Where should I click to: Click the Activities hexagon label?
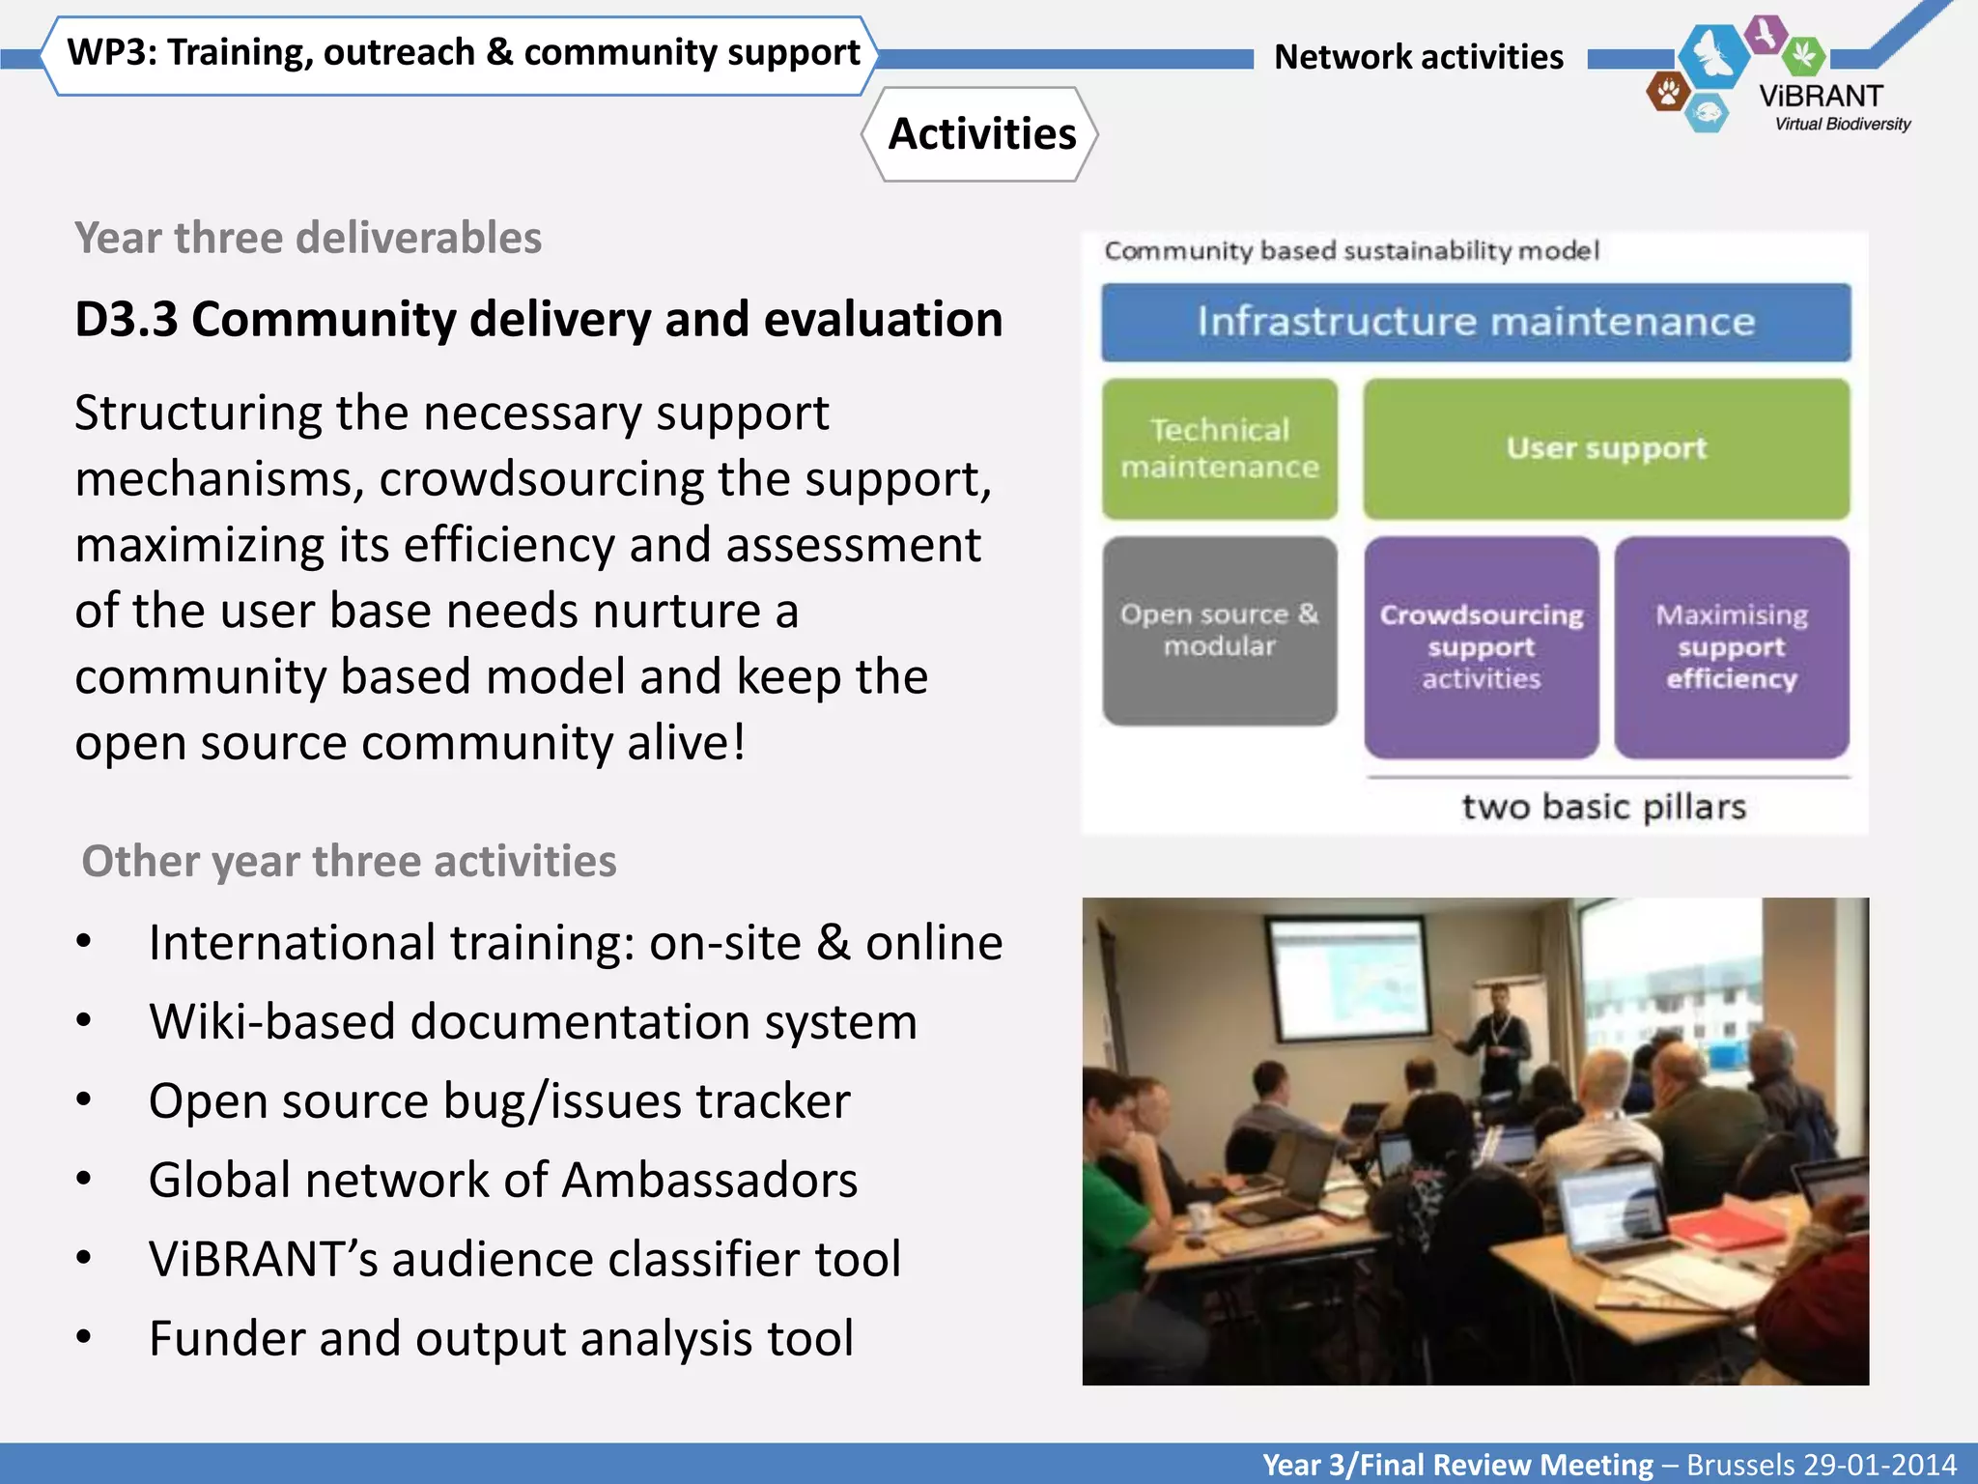point(980,134)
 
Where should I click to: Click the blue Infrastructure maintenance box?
point(1475,323)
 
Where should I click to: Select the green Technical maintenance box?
point(1219,449)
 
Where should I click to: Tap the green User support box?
point(1606,449)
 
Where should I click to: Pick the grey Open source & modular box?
point(1219,630)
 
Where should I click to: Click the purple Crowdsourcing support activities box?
point(1481,647)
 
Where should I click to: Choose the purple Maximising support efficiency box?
point(1731,647)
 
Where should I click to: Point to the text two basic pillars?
point(1603,807)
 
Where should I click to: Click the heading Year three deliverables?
point(308,239)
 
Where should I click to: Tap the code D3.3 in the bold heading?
point(126,320)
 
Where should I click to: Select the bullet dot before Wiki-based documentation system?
point(84,1021)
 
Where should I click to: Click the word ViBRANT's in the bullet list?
point(263,1260)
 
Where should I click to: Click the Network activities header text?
point(1418,57)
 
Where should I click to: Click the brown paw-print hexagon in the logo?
point(1667,93)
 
